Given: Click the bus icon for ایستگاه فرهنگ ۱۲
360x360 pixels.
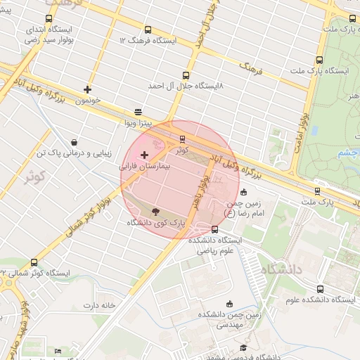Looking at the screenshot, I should [x=148, y=30].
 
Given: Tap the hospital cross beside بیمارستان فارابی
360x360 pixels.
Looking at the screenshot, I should [x=145, y=155].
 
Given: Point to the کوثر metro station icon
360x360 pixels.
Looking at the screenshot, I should [x=183, y=139].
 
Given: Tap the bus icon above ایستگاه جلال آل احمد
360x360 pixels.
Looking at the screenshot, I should [x=186, y=75].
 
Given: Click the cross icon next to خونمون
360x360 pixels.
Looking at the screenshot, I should [x=87, y=89].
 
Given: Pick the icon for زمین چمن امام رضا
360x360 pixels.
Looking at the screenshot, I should [x=243, y=192].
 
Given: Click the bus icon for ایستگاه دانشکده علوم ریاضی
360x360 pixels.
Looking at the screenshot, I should [x=214, y=229].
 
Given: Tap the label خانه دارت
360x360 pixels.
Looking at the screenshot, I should [x=99, y=305].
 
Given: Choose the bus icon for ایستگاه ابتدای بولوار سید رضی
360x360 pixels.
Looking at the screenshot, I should [x=48, y=19].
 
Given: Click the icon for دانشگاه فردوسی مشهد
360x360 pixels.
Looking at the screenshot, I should [x=243, y=347].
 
